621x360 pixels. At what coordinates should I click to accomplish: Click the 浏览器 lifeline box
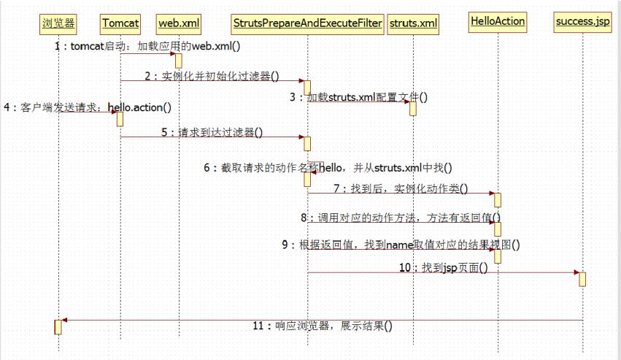(58, 23)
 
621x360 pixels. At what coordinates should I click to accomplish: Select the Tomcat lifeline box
(120, 23)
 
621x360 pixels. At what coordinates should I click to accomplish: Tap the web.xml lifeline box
(179, 23)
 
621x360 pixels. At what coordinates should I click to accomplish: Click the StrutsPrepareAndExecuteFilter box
(307, 23)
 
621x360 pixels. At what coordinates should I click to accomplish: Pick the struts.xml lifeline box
(414, 23)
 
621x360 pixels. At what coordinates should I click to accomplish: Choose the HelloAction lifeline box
(498, 21)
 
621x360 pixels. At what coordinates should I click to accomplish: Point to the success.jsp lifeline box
(582, 21)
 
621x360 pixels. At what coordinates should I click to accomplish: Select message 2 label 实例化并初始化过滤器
(212, 75)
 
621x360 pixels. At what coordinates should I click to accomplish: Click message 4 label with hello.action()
(88, 108)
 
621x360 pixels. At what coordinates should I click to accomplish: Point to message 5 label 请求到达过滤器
(212, 132)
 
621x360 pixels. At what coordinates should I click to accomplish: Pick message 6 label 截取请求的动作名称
(328, 167)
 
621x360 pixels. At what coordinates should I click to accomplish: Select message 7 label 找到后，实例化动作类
(401, 188)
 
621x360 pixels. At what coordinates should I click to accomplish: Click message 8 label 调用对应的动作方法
(401, 218)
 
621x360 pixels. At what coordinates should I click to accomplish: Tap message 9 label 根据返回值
(401, 245)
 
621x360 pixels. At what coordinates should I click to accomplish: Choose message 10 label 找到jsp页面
(443, 268)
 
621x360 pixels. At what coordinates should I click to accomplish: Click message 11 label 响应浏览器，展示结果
(322, 326)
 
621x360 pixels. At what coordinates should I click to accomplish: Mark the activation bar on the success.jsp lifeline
(582, 279)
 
